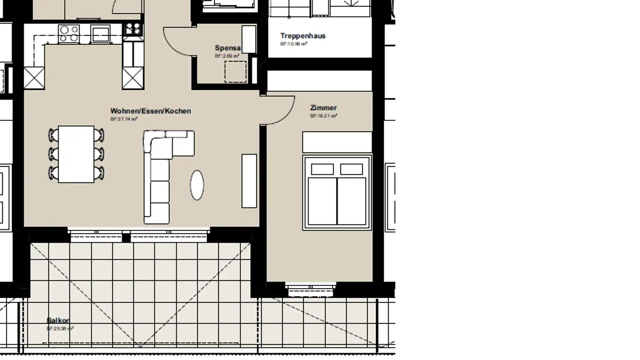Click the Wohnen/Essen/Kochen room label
click(x=151, y=111)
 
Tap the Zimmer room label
click(x=323, y=108)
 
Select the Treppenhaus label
click(x=303, y=36)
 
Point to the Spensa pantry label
click(x=228, y=48)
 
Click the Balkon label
click(x=58, y=320)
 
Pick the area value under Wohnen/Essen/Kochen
click(x=124, y=119)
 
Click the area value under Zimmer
click(x=324, y=116)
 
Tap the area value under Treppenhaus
click(x=293, y=44)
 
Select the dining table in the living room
click(x=76, y=154)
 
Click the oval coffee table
click(x=197, y=185)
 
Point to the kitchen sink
click(x=100, y=33)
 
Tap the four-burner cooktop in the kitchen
click(x=69, y=33)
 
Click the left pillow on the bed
click(x=322, y=169)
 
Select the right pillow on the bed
click(x=352, y=169)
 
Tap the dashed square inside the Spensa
click(x=236, y=72)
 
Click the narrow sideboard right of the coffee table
click(x=249, y=180)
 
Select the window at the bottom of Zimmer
click(x=311, y=289)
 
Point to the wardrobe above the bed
click(x=337, y=142)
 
